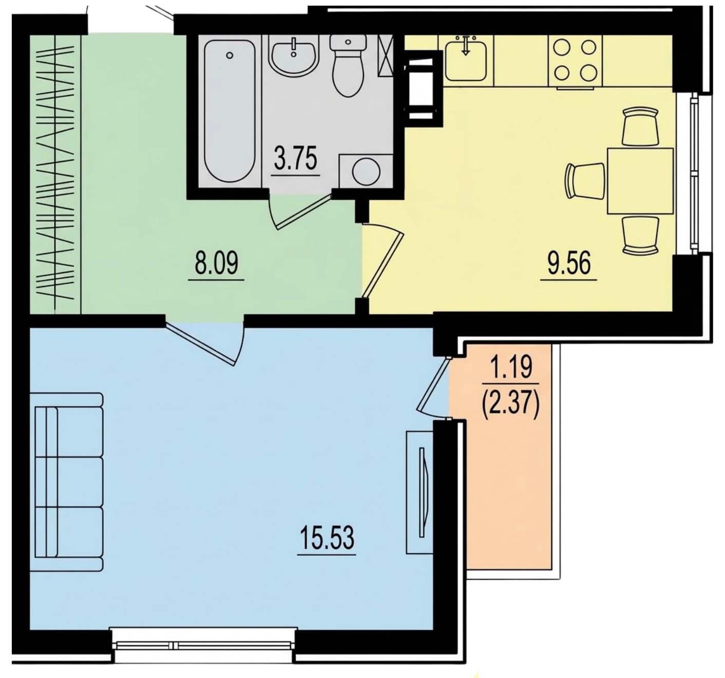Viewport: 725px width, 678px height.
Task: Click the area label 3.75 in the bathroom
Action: (295, 158)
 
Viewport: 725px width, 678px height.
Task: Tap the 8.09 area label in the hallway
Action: (217, 262)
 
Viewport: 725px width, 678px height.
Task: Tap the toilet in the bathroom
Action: (348, 66)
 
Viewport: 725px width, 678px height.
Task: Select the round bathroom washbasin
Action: (294, 56)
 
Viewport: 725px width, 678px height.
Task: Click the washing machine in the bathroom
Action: (366, 172)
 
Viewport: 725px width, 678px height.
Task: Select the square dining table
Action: (640, 181)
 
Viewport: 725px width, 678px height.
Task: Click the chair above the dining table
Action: (641, 126)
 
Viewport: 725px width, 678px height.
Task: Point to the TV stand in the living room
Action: (420, 492)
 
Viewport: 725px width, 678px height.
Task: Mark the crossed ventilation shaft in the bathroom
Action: (386, 55)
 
